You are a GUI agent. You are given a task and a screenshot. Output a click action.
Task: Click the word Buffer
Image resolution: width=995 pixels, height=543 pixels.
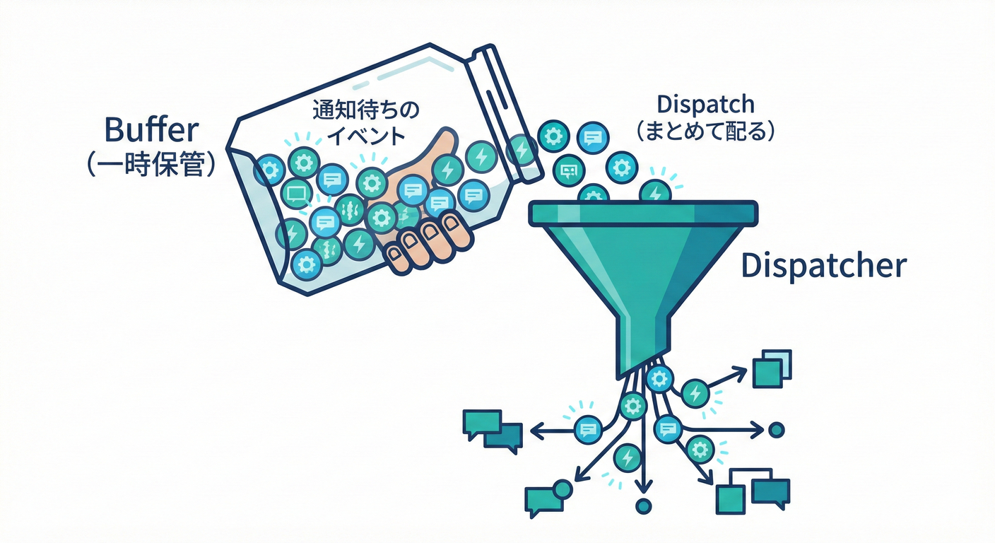tap(151, 132)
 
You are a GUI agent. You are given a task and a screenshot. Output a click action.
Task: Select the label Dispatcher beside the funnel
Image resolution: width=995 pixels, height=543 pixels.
tap(823, 267)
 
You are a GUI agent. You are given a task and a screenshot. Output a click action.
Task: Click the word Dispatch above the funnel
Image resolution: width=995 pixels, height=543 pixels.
tap(705, 105)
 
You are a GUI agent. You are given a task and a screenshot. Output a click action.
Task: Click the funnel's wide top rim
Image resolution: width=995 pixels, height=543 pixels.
tap(643, 211)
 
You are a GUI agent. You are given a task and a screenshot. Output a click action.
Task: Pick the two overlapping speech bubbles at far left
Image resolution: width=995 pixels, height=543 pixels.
tap(493, 430)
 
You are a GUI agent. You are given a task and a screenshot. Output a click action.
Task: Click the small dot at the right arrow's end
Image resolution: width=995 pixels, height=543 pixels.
tap(776, 429)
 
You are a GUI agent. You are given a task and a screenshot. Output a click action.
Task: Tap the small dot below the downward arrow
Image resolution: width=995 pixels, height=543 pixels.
tap(642, 506)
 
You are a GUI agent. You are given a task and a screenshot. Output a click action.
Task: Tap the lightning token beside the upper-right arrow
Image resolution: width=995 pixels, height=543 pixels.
tap(695, 392)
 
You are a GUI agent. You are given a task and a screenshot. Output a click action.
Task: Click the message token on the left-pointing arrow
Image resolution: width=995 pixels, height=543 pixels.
tap(587, 428)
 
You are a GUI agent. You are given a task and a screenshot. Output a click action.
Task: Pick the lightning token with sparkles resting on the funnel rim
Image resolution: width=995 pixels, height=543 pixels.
tap(656, 191)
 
